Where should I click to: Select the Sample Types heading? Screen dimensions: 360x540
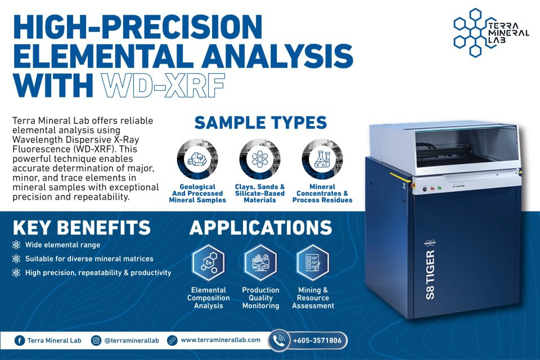pos(260,122)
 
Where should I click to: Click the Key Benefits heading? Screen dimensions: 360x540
pos(82,228)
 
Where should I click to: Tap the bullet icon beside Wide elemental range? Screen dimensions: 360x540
pos(16,245)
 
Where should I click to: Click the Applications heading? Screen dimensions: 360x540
pos(260,228)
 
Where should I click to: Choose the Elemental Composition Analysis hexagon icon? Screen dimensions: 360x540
pos(208,262)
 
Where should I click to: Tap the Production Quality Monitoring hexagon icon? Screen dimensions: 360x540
pos(260,262)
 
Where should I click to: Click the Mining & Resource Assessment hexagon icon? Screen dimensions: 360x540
pos(313,262)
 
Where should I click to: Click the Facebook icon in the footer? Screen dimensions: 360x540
pos(19,340)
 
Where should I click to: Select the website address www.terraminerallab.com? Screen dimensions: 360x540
pos(220,340)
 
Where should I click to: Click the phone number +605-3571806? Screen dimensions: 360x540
pos(317,341)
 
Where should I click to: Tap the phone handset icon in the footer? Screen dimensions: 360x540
pos(279,340)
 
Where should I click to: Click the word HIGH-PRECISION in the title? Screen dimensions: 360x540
pos(138,27)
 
